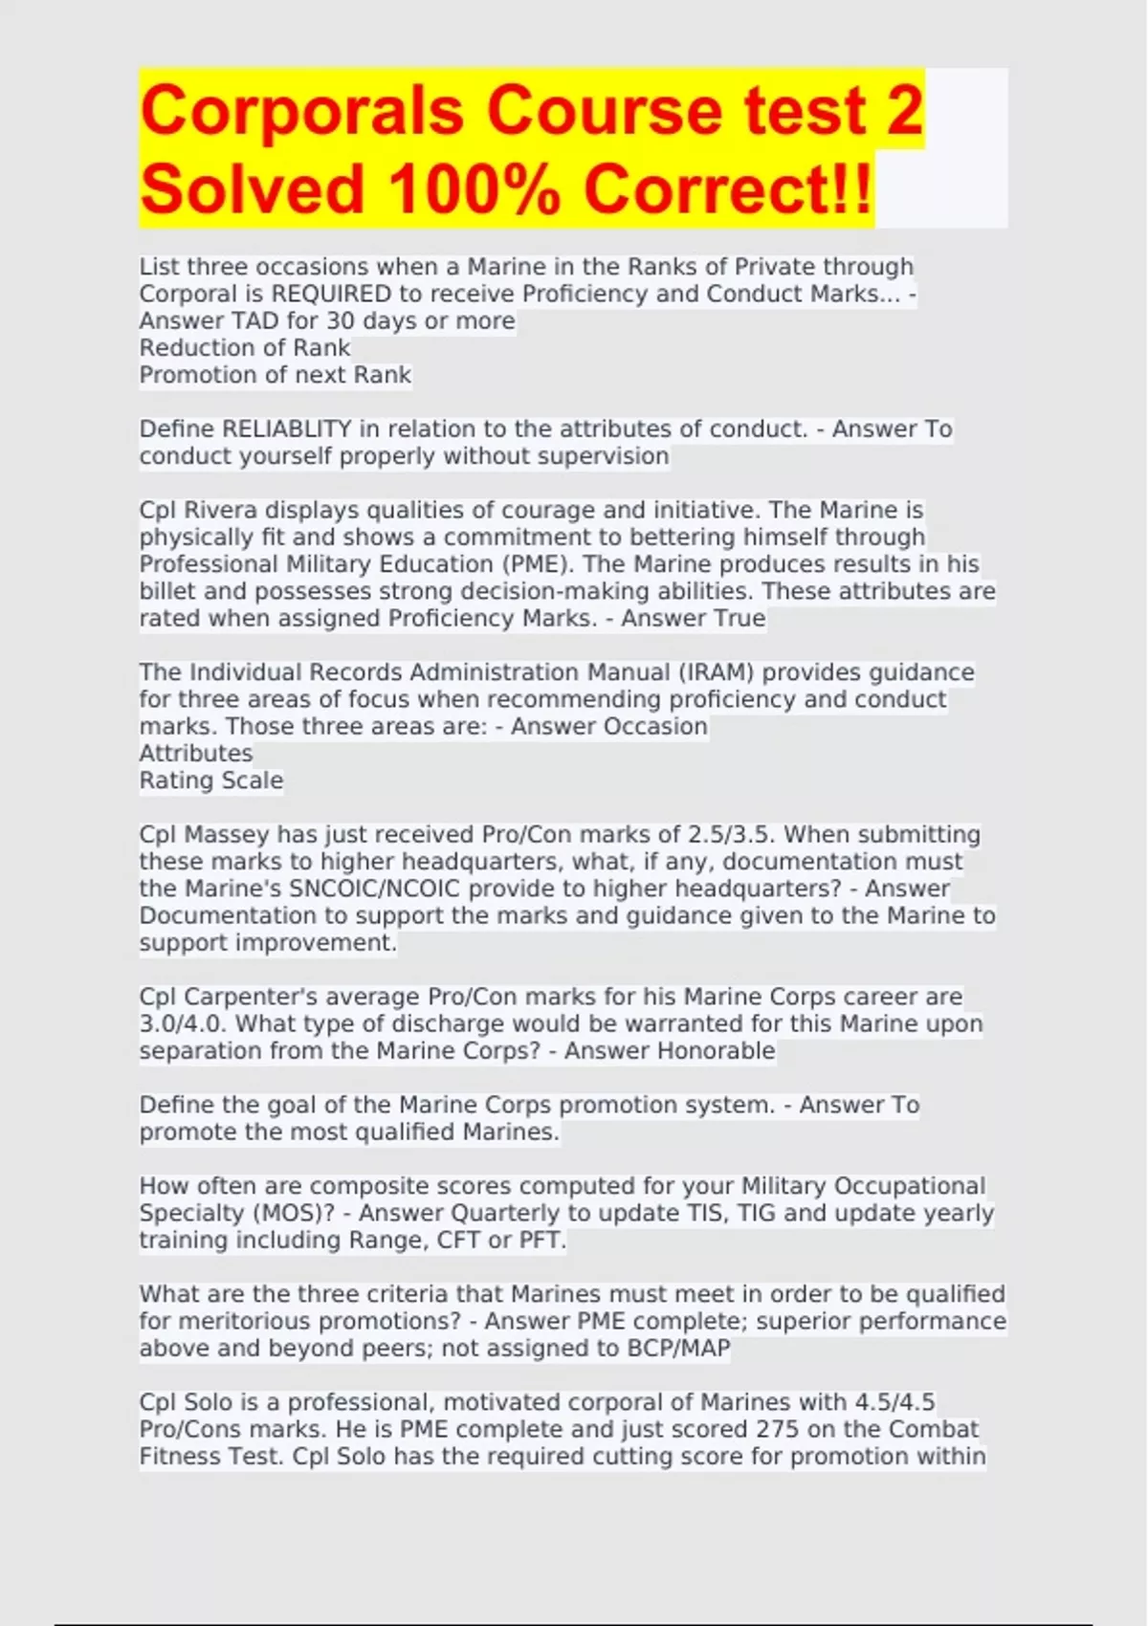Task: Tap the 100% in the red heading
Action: coord(475,189)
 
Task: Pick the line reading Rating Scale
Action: coord(211,780)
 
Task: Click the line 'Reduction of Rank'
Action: coord(245,348)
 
